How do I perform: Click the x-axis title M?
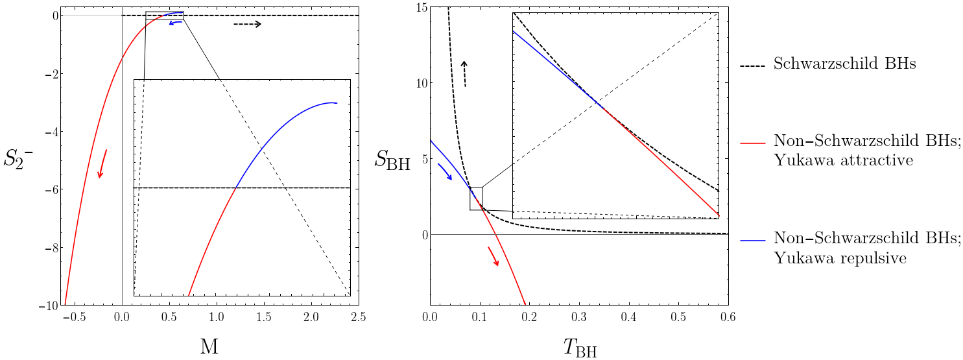point(209,347)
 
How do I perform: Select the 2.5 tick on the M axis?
point(359,317)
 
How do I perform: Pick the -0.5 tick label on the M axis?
point(75,317)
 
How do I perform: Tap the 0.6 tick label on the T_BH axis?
point(728,317)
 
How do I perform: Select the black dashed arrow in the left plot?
point(247,25)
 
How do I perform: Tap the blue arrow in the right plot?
point(445,172)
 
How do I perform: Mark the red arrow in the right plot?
point(493,256)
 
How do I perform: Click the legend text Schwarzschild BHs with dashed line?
point(844,65)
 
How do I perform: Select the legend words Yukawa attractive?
point(843,160)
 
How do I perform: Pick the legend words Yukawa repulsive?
point(840,258)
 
